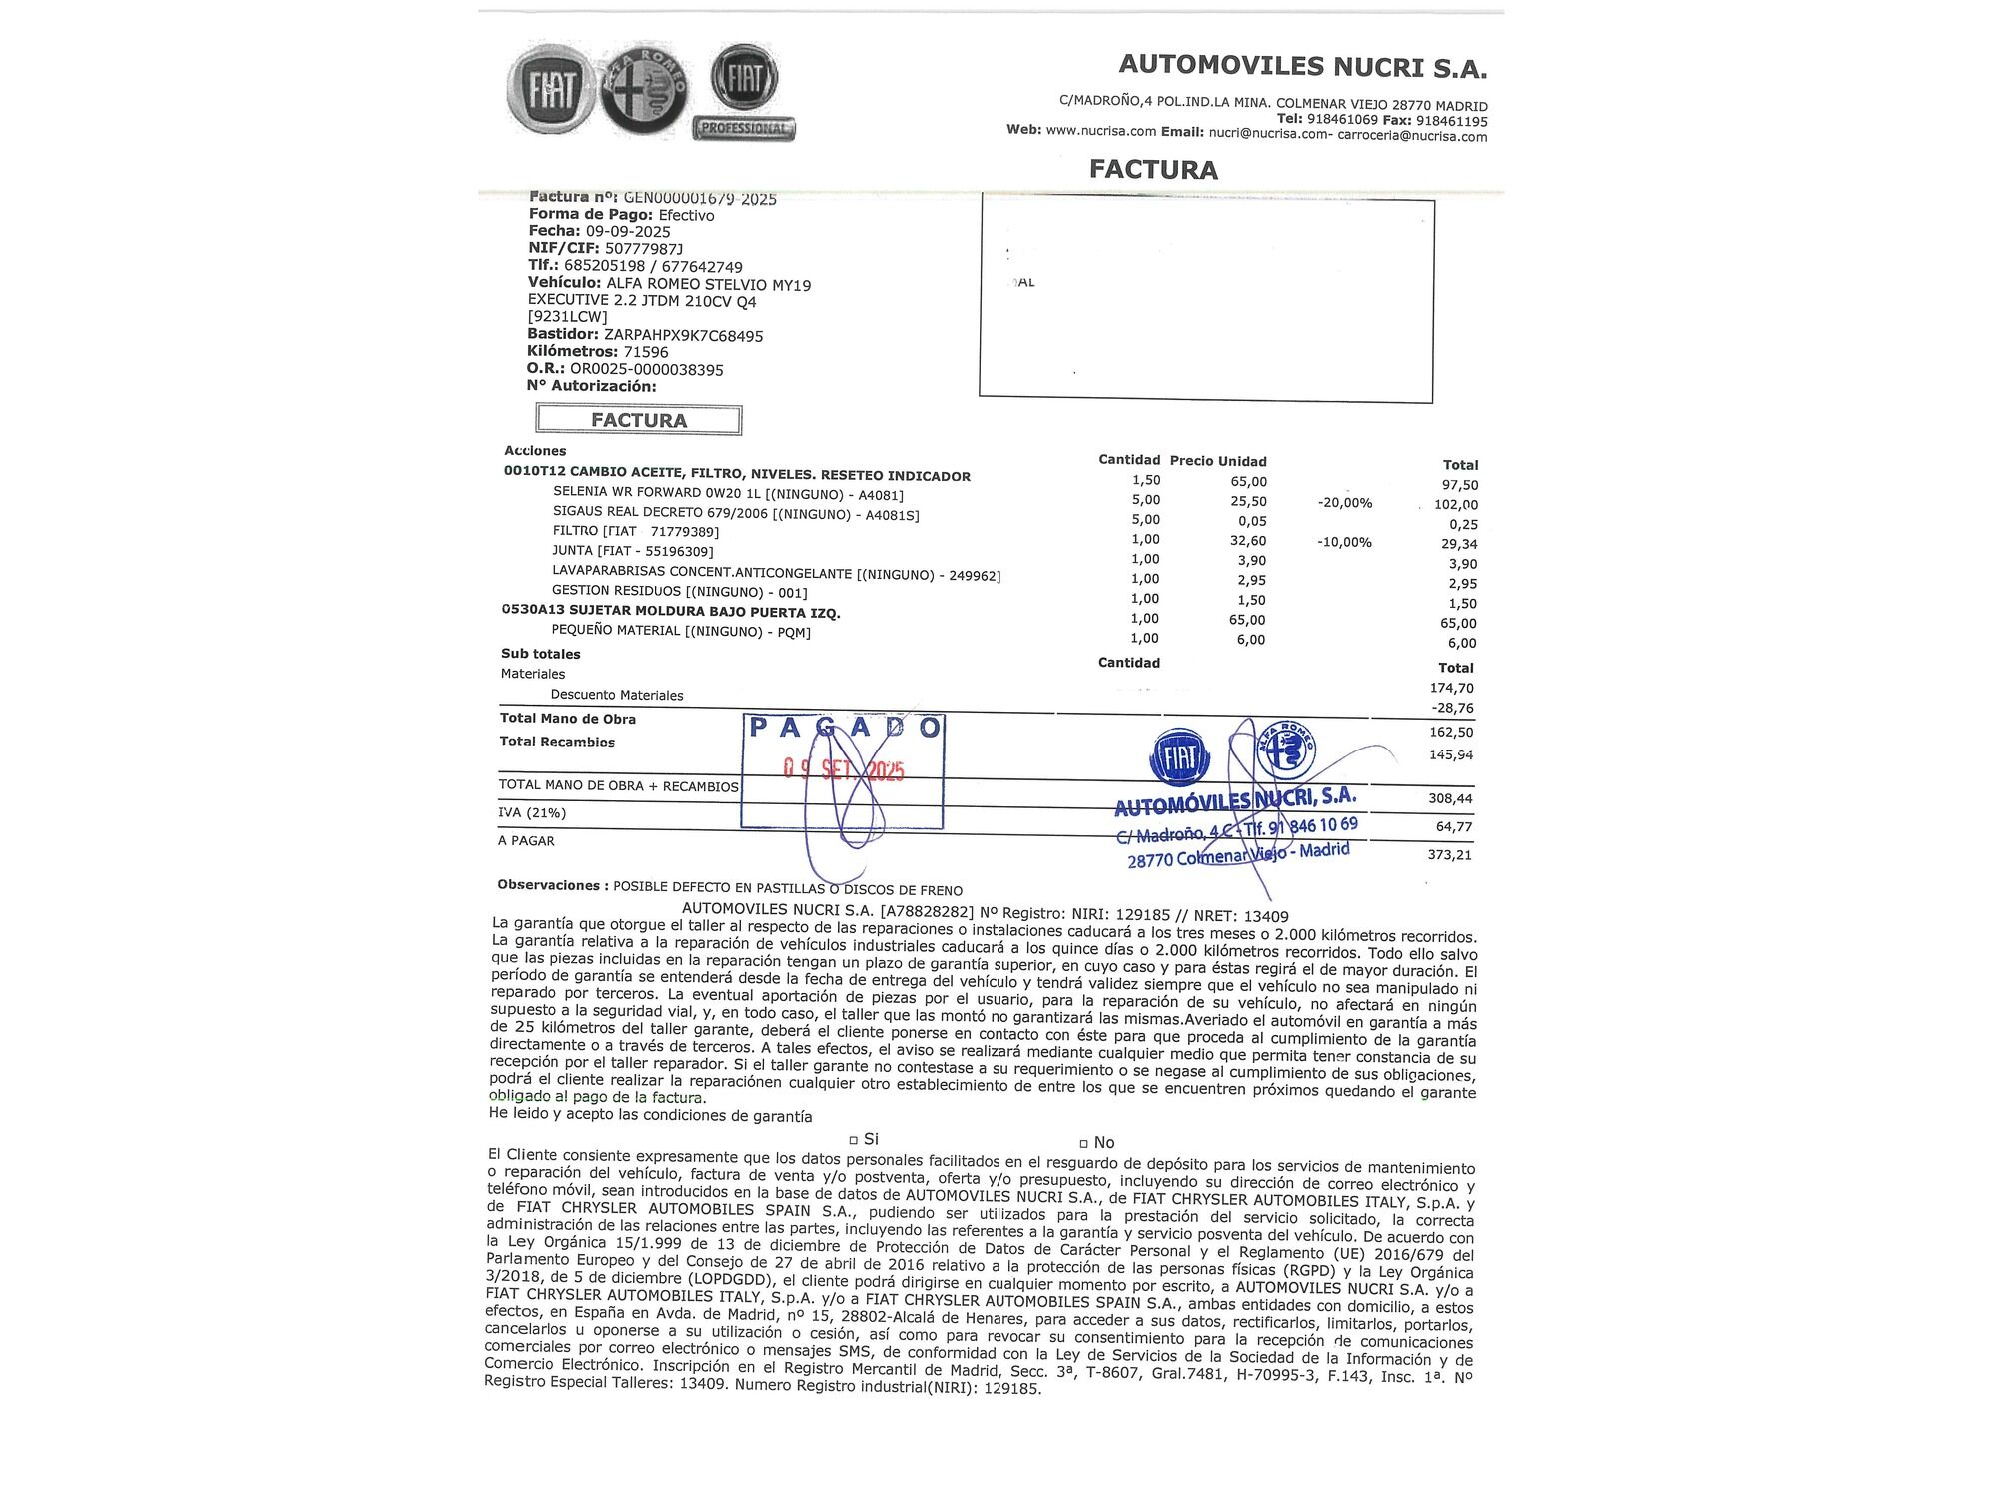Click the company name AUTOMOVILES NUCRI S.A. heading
[1302, 66]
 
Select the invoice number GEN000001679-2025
[700, 198]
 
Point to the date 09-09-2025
[628, 231]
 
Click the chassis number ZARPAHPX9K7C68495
[684, 336]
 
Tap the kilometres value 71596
[646, 352]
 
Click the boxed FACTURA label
[639, 420]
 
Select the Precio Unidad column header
[1218, 461]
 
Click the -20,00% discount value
[1344, 503]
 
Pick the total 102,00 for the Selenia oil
[1455, 505]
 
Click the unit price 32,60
[1248, 541]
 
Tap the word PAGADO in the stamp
[845, 728]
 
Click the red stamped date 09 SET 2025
[844, 769]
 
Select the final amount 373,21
[1450, 855]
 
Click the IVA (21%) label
[532, 813]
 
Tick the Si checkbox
[854, 1140]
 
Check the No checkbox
[1083, 1143]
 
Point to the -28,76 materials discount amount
[1452, 708]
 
